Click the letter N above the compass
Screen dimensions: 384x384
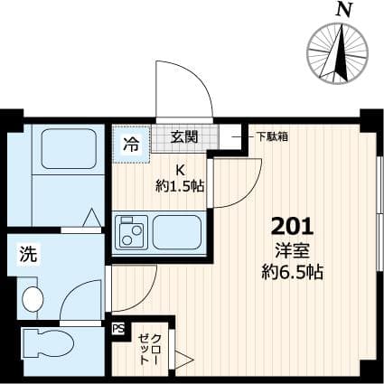tap(342, 11)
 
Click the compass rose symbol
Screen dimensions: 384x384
tap(342, 52)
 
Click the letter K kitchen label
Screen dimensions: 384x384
tap(180, 170)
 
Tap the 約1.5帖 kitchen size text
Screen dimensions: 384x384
tap(179, 186)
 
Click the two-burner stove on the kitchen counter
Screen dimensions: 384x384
tap(132, 234)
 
